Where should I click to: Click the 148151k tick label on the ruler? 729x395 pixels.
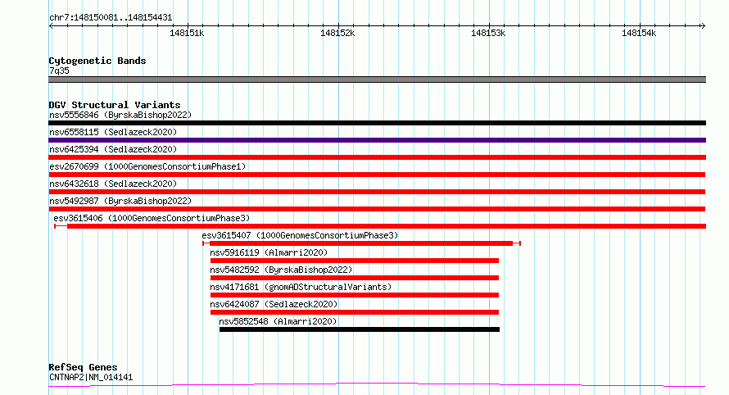click(186, 33)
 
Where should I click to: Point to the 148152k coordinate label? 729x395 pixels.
click(337, 33)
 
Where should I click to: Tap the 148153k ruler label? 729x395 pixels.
click(488, 33)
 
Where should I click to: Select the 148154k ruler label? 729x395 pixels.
click(639, 33)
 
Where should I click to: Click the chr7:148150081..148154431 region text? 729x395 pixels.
click(110, 17)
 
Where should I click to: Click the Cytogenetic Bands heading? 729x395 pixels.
click(97, 61)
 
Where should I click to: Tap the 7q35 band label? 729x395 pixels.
click(59, 70)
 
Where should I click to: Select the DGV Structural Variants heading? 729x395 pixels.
click(114, 105)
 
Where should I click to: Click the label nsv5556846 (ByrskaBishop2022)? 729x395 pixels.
click(120, 115)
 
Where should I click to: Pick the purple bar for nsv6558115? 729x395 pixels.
click(377, 140)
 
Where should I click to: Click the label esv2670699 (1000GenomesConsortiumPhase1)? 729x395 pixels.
click(147, 166)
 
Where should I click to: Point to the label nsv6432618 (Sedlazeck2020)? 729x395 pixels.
click(113, 184)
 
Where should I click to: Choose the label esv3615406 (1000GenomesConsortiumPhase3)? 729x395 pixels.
click(152, 218)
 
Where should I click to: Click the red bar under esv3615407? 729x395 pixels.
click(360, 243)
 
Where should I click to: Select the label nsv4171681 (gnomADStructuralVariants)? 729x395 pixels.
click(301, 287)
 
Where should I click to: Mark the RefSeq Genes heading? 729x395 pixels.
click(83, 367)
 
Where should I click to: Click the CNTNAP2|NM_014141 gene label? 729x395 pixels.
click(90, 377)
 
